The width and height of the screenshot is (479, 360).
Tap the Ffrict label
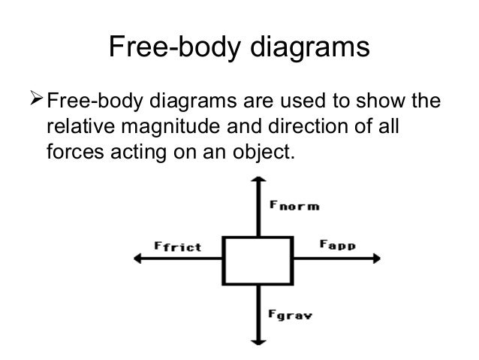coord(176,247)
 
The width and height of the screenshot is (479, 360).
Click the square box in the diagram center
coord(258,260)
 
